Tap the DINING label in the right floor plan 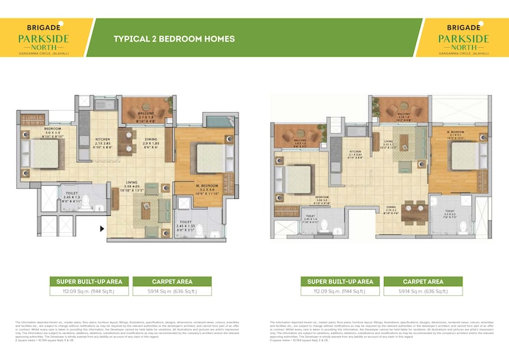point(390,206)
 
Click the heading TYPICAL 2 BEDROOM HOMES point(174,39)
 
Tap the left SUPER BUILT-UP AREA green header point(85,281)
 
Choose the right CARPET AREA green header point(424,281)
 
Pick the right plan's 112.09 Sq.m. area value point(340,292)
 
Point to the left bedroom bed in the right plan point(299,180)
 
